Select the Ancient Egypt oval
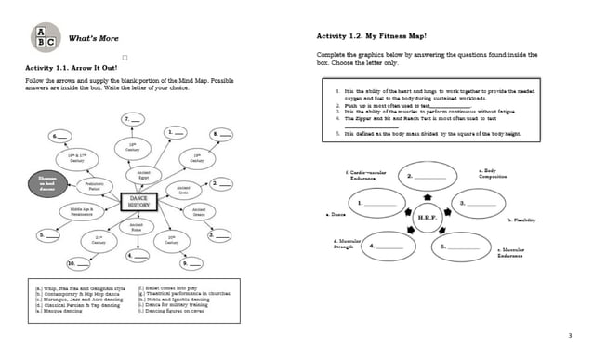pyautogui.click(x=143, y=175)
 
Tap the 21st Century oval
pyautogui.click(x=99, y=240)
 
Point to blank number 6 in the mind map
pyautogui.click(x=61, y=137)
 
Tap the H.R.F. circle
pyautogui.click(x=427, y=217)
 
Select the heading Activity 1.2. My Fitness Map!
pyautogui.click(x=371, y=35)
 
